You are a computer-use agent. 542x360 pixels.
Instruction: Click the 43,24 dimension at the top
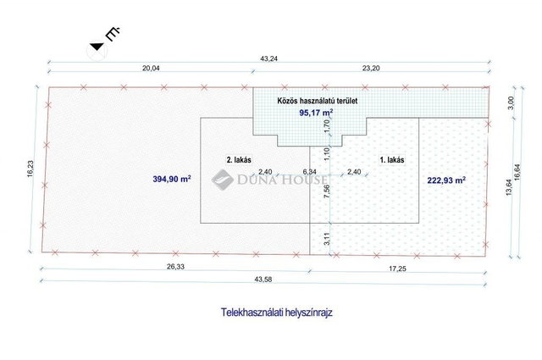tap(268, 58)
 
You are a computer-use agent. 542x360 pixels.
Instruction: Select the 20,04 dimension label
tap(151, 68)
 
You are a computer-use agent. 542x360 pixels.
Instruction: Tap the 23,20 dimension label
tap(371, 68)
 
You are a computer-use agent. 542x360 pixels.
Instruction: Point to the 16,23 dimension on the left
tap(30, 169)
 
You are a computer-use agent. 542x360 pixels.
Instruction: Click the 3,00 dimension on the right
tap(512, 102)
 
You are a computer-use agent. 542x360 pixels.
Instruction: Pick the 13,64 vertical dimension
tap(509, 187)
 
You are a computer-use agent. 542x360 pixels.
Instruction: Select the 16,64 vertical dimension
tap(517, 171)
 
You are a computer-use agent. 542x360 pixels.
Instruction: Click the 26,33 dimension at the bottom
tap(176, 266)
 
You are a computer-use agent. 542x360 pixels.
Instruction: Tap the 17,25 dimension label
tap(397, 269)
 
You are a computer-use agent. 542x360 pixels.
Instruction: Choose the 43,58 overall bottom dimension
tap(263, 280)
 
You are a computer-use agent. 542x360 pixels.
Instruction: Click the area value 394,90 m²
tap(172, 179)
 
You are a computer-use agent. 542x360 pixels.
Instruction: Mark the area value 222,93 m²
tap(446, 180)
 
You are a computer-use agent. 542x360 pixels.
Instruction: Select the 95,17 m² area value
tap(316, 113)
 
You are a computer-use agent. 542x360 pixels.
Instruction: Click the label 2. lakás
tap(239, 160)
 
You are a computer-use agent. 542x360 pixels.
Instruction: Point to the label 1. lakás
tap(392, 160)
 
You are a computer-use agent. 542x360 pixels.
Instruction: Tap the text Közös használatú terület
tap(318, 101)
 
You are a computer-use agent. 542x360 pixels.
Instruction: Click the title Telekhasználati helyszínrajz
tap(277, 313)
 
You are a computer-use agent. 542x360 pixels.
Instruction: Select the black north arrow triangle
tap(97, 47)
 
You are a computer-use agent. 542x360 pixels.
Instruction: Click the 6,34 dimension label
tap(309, 171)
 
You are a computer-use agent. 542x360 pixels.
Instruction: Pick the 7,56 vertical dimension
tap(327, 191)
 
